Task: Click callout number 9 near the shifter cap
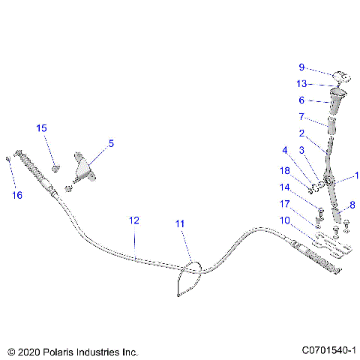point(301,67)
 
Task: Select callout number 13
point(301,83)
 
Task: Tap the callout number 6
point(301,100)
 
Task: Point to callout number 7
point(301,117)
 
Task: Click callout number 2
point(301,133)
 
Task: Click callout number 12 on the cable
point(134,220)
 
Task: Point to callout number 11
point(179,223)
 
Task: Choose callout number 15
point(42,128)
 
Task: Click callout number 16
point(17,195)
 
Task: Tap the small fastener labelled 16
point(7,158)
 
